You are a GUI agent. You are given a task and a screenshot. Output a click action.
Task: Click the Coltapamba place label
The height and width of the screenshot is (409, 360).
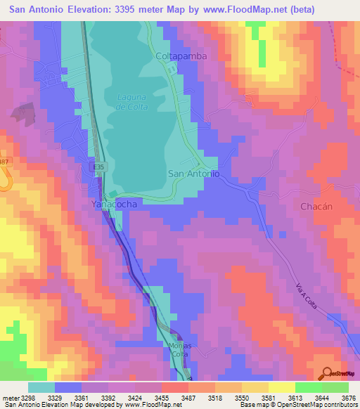pyautogui.click(x=181, y=56)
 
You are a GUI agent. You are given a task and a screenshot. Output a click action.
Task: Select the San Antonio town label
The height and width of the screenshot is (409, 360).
pyautogui.click(x=195, y=173)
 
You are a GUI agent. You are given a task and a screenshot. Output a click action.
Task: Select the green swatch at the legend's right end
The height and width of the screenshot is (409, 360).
pyautogui.click(x=335, y=387)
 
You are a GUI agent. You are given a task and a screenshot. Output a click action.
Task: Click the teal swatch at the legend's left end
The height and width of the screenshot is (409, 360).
pyautogui.click(x=41, y=387)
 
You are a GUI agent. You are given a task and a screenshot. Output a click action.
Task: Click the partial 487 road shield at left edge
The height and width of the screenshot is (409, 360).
pyautogui.click(x=4, y=162)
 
